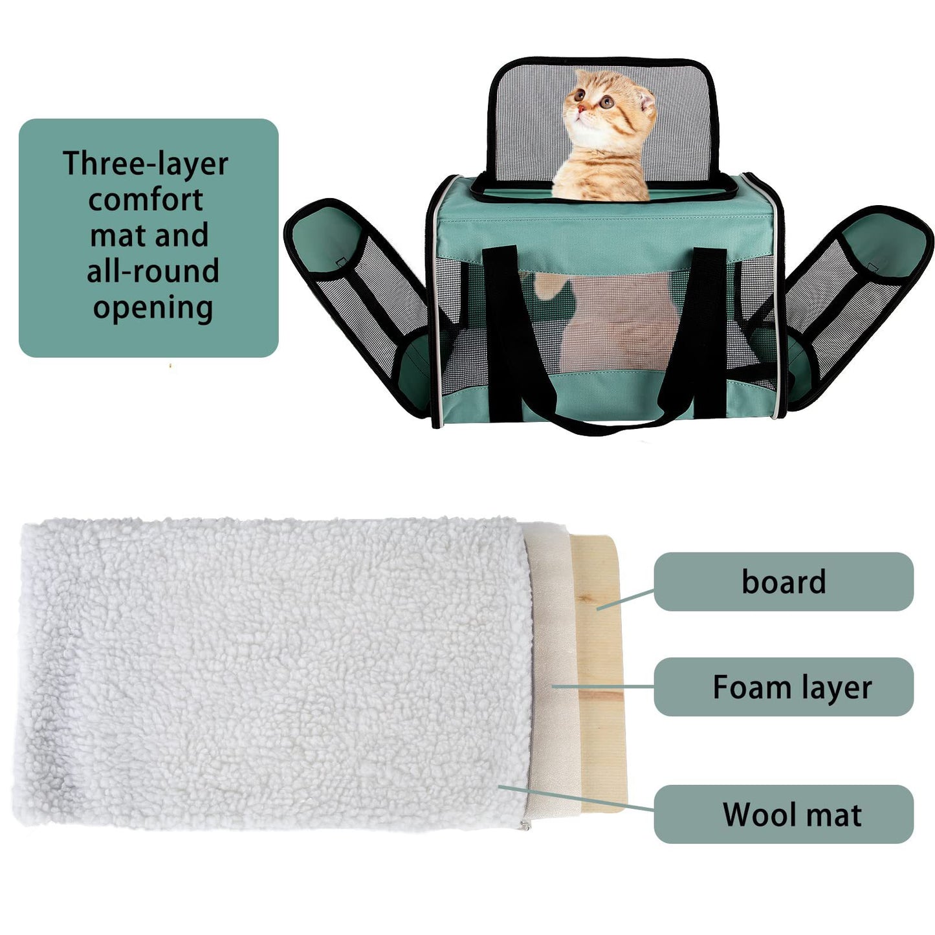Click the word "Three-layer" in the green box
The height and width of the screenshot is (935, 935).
(x=146, y=163)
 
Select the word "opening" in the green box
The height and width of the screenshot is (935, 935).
(x=153, y=308)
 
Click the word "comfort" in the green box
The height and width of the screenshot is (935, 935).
(x=146, y=199)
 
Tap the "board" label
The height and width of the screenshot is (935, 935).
(x=784, y=582)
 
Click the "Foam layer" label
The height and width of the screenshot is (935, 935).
(x=792, y=687)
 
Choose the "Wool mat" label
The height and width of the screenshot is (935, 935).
(x=792, y=815)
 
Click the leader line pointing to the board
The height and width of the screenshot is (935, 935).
(x=625, y=599)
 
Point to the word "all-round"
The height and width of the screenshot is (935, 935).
(x=153, y=271)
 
